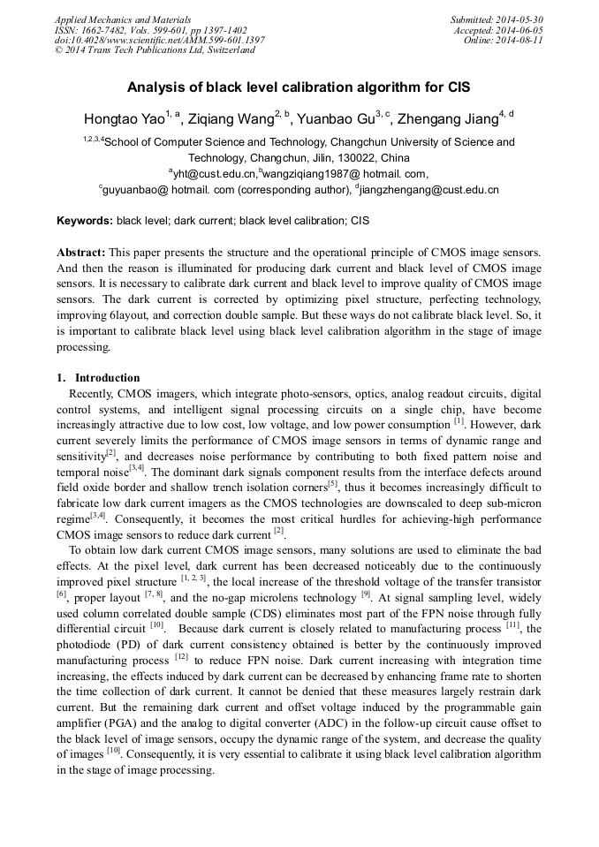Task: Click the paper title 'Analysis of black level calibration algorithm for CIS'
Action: coord(299,87)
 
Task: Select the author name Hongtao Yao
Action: coord(124,118)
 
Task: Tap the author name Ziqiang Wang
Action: coord(231,118)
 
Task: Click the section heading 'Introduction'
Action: coord(107,378)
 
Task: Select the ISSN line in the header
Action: coord(150,29)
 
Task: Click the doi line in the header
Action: coord(159,40)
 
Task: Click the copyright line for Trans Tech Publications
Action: coord(155,50)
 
